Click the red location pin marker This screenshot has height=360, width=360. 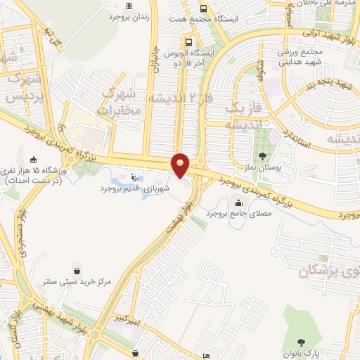181,165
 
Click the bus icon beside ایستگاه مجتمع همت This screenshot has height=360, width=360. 203,9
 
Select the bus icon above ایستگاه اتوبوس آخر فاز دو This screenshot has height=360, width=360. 188,41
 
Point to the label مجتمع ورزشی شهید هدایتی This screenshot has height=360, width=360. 302,58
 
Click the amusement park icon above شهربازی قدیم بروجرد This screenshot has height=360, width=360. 134,177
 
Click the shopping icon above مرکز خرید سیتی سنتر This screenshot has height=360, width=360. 77,270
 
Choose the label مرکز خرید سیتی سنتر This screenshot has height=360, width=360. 77,282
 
